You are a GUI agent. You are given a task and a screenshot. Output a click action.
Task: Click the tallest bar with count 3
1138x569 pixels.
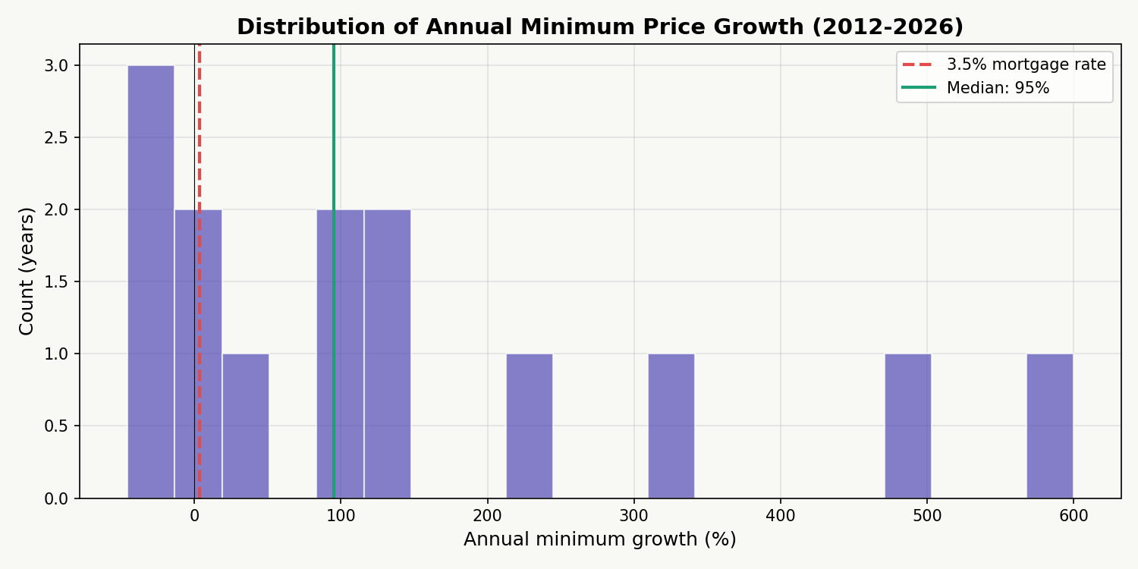click(x=150, y=281)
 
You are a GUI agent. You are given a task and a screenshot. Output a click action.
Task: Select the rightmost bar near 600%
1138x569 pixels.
click(x=1049, y=426)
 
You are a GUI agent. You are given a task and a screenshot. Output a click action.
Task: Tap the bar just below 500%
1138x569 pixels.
click(x=907, y=426)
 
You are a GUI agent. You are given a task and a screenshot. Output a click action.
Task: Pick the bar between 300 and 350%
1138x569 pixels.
click(x=671, y=426)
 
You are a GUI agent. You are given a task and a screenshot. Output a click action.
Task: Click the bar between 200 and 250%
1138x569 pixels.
click(x=529, y=426)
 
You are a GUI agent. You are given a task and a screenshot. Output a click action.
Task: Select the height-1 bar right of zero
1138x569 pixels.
click(x=245, y=426)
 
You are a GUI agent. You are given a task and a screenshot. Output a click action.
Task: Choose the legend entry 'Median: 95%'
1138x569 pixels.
click(x=998, y=88)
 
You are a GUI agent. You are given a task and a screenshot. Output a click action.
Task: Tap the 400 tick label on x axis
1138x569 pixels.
click(x=781, y=516)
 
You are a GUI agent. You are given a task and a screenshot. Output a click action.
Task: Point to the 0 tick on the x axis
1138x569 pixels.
click(x=194, y=516)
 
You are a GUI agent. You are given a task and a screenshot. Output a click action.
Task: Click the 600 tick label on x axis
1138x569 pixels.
click(x=1074, y=516)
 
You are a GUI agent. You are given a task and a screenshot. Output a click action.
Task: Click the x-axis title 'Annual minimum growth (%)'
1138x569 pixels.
click(x=599, y=539)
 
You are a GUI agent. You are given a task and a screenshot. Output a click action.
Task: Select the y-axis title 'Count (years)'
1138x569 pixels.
click(x=27, y=271)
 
